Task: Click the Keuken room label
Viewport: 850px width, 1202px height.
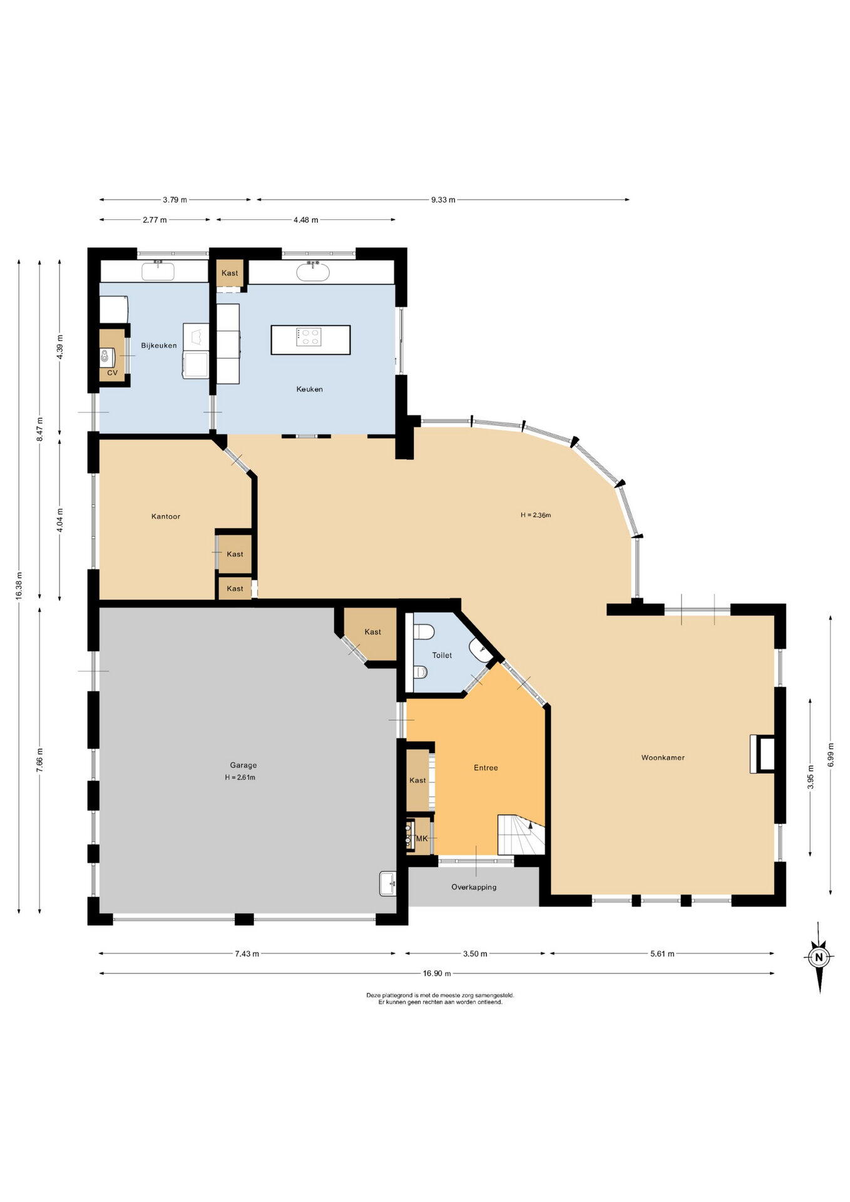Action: (x=309, y=389)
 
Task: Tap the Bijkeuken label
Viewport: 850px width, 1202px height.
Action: (x=159, y=346)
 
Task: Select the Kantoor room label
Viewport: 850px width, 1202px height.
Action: (x=166, y=516)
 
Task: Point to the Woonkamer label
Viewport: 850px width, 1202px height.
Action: (x=663, y=758)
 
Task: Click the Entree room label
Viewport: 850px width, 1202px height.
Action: (x=486, y=768)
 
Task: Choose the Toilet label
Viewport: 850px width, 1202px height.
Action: (x=442, y=655)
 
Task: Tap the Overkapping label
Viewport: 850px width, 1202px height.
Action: (x=474, y=887)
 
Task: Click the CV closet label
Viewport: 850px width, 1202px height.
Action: (x=112, y=373)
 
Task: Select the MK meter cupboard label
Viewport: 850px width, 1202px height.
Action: (x=422, y=838)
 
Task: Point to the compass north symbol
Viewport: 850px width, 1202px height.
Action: (x=819, y=957)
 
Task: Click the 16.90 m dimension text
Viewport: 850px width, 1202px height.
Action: (x=437, y=973)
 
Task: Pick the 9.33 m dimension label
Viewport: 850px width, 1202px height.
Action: (x=443, y=200)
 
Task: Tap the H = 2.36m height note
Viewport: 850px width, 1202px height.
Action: (x=536, y=515)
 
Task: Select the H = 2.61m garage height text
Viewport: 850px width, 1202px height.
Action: (x=240, y=778)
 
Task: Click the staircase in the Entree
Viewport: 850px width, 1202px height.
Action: (x=521, y=835)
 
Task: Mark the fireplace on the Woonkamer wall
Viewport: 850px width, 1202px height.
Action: (x=762, y=754)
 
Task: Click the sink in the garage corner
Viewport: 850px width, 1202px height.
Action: (x=388, y=883)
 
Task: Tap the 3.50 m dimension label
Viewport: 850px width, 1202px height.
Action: (x=474, y=954)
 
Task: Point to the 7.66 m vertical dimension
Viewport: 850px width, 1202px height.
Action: (x=40, y=760)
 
